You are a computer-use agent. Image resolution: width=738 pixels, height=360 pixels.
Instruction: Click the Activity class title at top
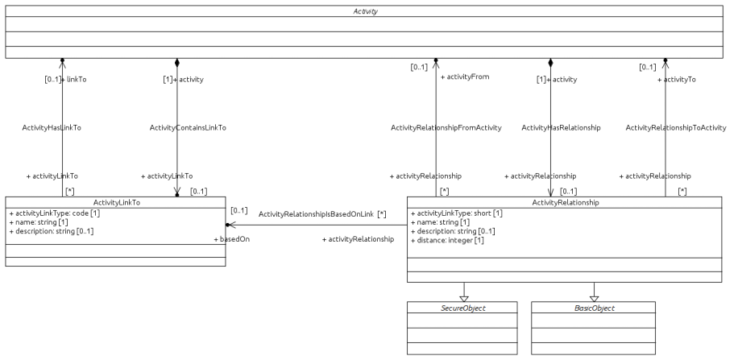[365, 12]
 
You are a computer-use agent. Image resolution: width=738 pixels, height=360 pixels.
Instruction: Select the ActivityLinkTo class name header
[117, 203]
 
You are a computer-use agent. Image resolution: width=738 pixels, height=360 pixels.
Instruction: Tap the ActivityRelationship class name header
[566, 203]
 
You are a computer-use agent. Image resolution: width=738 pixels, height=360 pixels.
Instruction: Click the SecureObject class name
[463, 308]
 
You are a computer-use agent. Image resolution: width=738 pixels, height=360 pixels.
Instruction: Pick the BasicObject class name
[594, 308]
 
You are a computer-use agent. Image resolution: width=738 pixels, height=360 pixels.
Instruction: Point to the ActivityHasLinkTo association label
[52, 127]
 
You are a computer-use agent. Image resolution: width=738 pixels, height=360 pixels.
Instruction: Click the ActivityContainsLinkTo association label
[188, 127]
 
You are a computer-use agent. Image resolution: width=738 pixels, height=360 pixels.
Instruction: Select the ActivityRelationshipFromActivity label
[446, 127]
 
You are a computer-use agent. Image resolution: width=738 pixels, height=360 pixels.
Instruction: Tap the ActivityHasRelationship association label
[561, 127]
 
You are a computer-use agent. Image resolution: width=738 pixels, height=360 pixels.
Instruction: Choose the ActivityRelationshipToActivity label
[675, 127]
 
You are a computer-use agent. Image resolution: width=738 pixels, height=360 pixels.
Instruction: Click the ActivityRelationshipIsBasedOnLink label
[316, 214]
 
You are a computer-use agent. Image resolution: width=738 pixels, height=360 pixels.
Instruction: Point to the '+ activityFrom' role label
[465, 77]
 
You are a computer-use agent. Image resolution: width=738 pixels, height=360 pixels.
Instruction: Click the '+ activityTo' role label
[677, 80]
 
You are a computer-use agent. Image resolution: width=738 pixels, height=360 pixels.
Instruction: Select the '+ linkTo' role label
[73, 80]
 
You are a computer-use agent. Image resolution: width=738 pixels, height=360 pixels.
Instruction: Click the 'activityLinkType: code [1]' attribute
[53, 213]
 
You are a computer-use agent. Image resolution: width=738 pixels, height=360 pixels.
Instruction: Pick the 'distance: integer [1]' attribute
[446, 240]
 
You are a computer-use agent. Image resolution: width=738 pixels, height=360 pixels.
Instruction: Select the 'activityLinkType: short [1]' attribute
[457, 213]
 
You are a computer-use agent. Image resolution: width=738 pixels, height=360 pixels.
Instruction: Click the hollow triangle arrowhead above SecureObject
[463, 297]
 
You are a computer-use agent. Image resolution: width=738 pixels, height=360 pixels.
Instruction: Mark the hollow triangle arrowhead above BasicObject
[594, 297]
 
